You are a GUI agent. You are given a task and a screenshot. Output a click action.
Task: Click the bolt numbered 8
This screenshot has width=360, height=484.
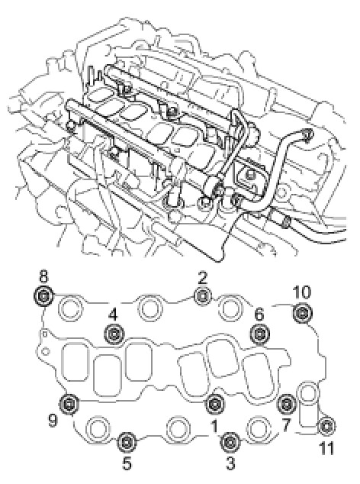coord(43,297)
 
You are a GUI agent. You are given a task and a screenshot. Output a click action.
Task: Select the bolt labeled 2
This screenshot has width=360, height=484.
coord(203,296)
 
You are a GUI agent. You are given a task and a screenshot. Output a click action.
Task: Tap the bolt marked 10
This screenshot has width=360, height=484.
coord(302,313)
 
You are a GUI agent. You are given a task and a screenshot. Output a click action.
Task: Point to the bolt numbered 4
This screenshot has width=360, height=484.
coord(114,334)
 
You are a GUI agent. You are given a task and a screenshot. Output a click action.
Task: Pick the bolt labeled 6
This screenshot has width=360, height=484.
coord(260,334)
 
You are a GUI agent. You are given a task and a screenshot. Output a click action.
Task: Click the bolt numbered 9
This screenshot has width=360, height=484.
coord(69,403)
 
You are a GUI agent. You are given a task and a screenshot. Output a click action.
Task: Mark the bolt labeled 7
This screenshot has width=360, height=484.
coord(287,403)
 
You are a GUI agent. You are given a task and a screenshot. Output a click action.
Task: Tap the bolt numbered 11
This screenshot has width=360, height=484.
coord(327,426)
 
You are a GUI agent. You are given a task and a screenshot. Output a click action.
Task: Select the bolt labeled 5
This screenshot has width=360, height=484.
coord(127,442)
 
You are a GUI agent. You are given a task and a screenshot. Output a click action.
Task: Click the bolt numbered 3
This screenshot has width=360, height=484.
coord(230,442)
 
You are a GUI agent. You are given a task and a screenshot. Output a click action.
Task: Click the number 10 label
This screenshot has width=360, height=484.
coord(302,292)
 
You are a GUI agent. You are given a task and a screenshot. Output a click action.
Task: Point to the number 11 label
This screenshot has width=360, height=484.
coord(326,449)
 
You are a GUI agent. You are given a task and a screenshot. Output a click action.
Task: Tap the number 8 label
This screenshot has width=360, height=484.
coord(43,277)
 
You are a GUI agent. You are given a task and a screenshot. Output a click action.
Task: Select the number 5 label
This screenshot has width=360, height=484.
coord(127,463)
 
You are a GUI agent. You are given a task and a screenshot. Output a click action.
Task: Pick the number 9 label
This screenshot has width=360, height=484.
coord(53,421)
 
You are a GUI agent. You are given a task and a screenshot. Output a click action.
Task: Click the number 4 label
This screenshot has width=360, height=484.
coord(113,315)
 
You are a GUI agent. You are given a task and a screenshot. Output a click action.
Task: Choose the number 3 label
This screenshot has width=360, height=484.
coord(230,463)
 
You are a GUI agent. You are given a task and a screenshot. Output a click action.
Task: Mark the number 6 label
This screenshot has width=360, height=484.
coord(259,315)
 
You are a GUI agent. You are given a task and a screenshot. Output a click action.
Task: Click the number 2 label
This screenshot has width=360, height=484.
coord(203,277)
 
